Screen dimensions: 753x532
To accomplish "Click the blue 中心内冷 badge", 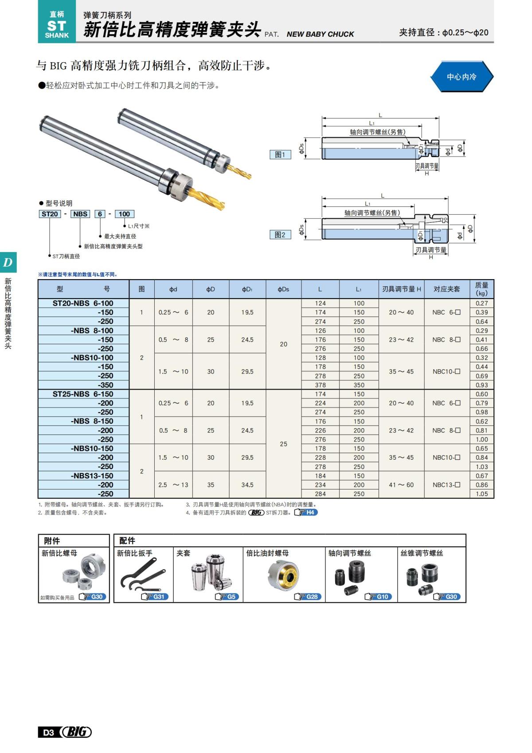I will [x=462, y=77].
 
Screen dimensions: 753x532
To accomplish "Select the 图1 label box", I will [x=280, y=154].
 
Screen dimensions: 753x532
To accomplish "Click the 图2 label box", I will [x=280, y=235].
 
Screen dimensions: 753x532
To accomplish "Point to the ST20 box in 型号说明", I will [x=50, y=214].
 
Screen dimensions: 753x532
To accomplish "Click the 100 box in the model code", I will [x=124, y=214].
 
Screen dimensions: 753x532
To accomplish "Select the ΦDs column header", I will [x=283, y=289].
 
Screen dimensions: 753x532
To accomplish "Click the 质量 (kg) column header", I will [x=481, y=289].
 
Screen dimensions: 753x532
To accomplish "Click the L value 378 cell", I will [x=320, y=385].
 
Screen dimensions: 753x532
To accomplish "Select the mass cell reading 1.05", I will [x=481, y=494].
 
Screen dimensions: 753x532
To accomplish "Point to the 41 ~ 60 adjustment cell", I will [x=401, y=485].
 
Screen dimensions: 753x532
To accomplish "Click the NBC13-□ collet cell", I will [x=446, y=485].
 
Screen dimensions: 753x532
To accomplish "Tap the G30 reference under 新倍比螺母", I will [x=93, y=597].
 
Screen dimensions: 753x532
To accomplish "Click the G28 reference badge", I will [x=308, y=597].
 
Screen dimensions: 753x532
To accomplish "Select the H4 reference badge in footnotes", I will [x=306, y=513].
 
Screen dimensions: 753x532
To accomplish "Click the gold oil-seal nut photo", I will [x=284, y=576].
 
